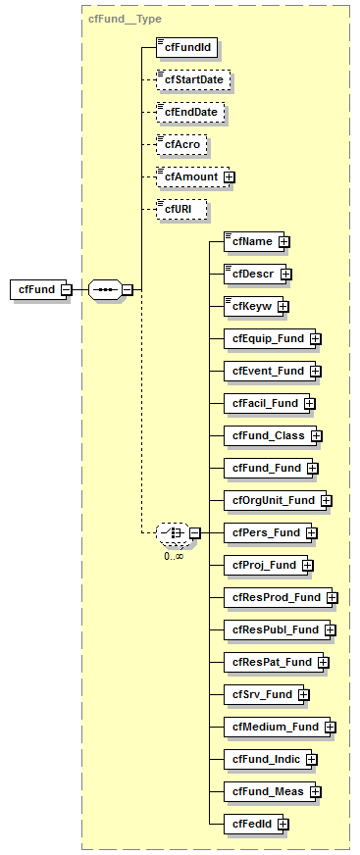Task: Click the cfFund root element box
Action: click(x=34, y=289)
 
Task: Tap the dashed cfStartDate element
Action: click(x=192, y=79)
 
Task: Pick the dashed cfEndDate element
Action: click(x=189, y=113)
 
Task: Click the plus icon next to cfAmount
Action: click(x=230, y=177)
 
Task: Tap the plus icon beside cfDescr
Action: click(x=286, y=274)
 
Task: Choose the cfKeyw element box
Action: click(x=250, y=306)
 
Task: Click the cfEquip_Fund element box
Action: click(x=266, y=338)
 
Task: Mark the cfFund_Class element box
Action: click(x=266, y=435)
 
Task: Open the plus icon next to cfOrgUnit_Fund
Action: click(x=327, y=500)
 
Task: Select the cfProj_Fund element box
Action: click(x=262, y=565)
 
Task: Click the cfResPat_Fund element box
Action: click(x=270, y=662)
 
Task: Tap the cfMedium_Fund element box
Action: click(x=274, y=727)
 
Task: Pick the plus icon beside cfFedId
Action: click(x=283, y=824)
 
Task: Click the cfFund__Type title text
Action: click(x=125, y=19)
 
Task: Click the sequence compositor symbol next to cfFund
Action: click(x=105, y=289)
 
